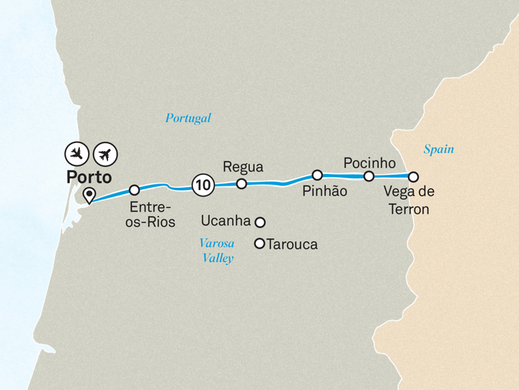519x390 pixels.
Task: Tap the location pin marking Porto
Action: tap(89, 195)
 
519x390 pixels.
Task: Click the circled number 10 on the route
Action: tap(203, 186)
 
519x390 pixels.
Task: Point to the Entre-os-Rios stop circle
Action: tap(134, 190)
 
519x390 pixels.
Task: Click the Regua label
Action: tap(244, 167)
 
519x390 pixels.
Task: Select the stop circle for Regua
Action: tap(241, 184)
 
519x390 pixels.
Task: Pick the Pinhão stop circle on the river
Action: tap(316, 175)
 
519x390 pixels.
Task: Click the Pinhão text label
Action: tap(324, 191)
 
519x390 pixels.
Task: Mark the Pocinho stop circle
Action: tap(368, 176)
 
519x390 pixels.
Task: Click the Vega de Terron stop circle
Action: tap(413, 176)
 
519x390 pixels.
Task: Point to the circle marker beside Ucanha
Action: tap(260, 222)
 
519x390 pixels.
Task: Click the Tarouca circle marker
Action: tap(259, 244)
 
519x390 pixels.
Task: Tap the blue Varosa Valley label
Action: tap(217, 250)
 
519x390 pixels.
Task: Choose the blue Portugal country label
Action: tap(188, 119)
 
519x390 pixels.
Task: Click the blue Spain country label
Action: tap(438, 150)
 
